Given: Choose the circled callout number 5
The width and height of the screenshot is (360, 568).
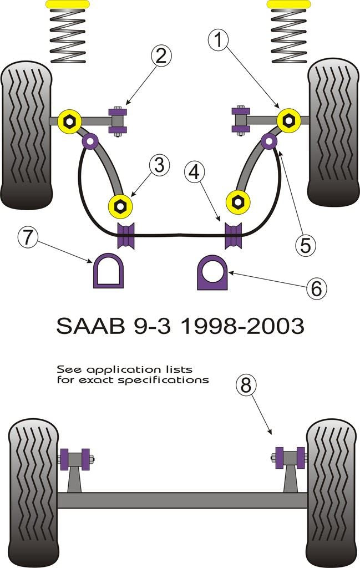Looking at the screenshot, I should pos(306,245).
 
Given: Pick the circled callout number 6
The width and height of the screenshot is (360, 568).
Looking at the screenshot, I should pos(315,287).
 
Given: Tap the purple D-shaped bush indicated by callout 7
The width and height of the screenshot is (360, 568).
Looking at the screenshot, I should pos(108,271).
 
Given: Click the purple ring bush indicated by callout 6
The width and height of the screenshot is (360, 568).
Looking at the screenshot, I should pos(212,272).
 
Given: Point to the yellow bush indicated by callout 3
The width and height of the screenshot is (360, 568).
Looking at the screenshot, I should pos(120,206).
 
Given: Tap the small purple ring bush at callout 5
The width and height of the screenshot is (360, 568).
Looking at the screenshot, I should pos(270,142).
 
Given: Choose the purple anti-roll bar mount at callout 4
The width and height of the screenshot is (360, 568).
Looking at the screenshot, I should pos(234,235).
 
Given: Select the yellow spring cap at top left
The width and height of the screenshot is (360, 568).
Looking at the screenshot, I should pos(67,4).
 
